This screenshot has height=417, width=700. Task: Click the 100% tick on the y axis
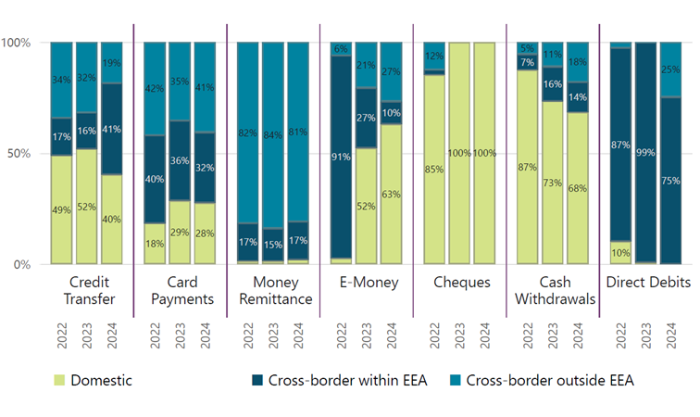[16, 43]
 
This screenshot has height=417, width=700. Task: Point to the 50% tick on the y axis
[19, 154]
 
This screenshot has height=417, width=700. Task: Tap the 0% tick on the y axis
[21, 265]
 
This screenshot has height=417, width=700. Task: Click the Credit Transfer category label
[87, 291]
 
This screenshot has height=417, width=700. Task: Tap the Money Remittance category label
[273, 291]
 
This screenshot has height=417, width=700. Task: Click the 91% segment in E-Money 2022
[341, 158]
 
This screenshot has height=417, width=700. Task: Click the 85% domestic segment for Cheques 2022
[434, 170]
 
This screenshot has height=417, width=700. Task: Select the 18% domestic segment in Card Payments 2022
[155, 244]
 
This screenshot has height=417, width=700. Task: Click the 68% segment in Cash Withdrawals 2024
[578, 188]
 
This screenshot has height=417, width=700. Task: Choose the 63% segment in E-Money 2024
[391, 195]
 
